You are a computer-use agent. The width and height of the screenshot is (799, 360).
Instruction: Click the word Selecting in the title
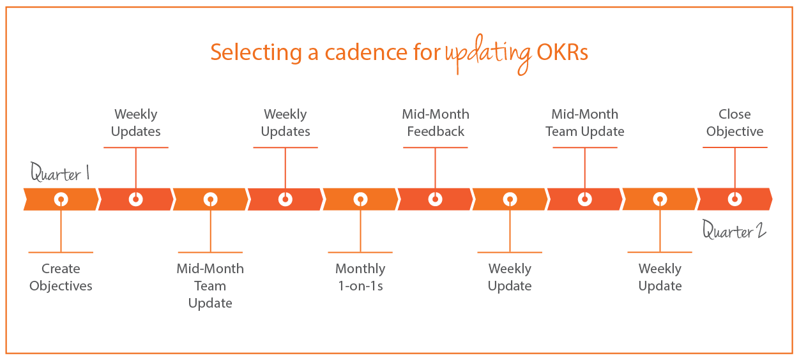point(255,52)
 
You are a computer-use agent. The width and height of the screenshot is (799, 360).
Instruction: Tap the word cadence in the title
point(357,52)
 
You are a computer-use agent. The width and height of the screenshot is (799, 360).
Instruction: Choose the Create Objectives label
point(61,278)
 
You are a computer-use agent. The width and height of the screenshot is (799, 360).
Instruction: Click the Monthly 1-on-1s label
point(360,278)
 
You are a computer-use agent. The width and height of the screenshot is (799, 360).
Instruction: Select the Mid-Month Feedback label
point(436,123)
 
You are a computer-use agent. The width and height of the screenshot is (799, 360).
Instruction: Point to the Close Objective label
point(734,123)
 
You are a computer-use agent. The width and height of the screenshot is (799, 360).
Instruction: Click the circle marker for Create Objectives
point(61,199)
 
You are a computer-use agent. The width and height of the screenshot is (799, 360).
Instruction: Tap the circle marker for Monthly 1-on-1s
point(360,199)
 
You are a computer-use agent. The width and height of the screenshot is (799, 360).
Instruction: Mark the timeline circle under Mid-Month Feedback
point(436,199)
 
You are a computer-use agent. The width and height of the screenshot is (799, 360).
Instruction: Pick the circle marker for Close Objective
point(734,199)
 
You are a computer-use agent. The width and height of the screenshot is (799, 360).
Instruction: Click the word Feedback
point(436,131)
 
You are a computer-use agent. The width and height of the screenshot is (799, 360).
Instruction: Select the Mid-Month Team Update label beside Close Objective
point(585,123)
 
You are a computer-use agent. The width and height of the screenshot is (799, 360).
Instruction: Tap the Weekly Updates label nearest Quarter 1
point(135,123)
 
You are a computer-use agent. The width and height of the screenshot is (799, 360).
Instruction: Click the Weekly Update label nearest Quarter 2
point(660,278)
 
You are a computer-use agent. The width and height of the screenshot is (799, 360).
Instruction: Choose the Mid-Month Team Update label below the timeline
point(210,286)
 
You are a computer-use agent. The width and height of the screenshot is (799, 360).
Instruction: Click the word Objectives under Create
point(61,286)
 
